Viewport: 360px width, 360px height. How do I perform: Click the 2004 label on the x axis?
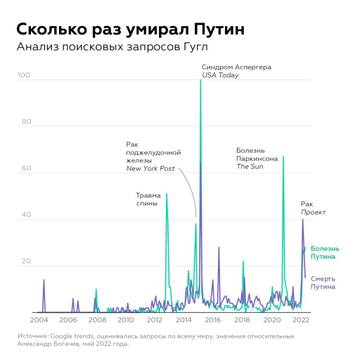[40, 321]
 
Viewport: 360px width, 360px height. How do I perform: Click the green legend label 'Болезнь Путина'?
[326, 251]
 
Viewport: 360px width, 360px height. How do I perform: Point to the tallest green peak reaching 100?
[201, 80]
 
